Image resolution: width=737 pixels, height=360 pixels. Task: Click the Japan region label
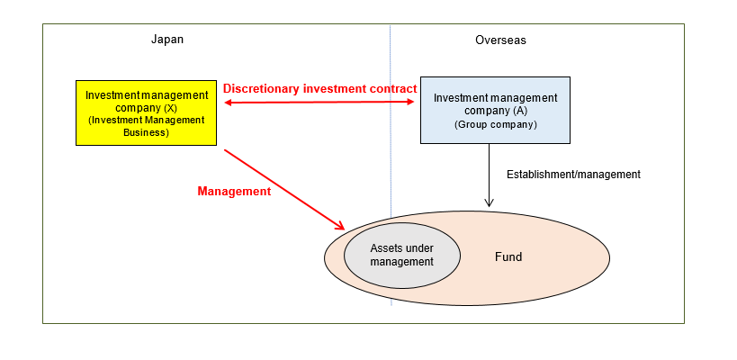[x=167, y=40]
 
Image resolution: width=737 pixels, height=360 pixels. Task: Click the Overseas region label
[x=500, y=40]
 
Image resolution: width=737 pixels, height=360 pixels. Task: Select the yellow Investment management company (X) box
[x=147, y=112]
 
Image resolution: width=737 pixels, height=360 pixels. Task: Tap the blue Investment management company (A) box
[x=495, y=110]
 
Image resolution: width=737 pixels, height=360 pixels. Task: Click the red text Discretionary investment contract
[x=319, y=89]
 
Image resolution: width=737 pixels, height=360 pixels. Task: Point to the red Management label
[x=233, y=192]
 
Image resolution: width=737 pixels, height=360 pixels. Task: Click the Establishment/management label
[x=573, y=175]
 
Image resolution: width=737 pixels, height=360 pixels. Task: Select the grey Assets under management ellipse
[x=402, y=256]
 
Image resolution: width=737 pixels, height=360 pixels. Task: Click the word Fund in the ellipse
[x=508, y=257]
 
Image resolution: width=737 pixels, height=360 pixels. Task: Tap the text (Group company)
[x=496, y=124]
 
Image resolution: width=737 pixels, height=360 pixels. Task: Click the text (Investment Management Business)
[x=147, y=126]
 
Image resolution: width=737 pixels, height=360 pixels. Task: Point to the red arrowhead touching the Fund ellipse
[x=339, y=225]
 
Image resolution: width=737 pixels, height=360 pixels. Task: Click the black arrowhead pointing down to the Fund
[x=489, y=202]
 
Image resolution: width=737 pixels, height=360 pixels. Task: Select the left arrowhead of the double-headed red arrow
[x=228, y=103]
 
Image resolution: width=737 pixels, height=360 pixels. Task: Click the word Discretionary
[x=259, y=89]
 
